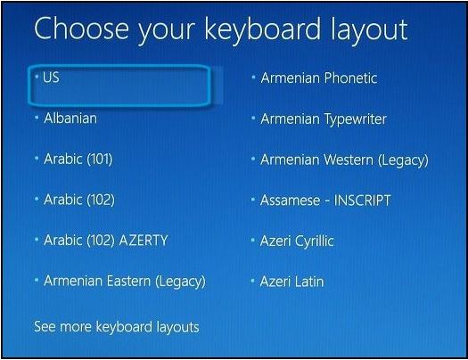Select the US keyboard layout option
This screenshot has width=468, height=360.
52,78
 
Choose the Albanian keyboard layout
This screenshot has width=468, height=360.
70,118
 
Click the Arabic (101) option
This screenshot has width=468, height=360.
78,159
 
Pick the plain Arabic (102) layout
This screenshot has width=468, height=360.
78,200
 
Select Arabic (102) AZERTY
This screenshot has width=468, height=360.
105,241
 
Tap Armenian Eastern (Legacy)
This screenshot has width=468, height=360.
124,282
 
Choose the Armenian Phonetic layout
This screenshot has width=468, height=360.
318,78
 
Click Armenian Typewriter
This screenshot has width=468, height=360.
324,119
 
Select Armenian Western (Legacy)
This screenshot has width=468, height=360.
343,160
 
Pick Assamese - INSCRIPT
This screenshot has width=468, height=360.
325,200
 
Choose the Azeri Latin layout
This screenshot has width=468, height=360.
291,282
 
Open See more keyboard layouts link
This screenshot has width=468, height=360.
116,327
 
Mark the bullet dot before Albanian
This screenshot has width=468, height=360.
37,117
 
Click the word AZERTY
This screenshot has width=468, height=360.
144,241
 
